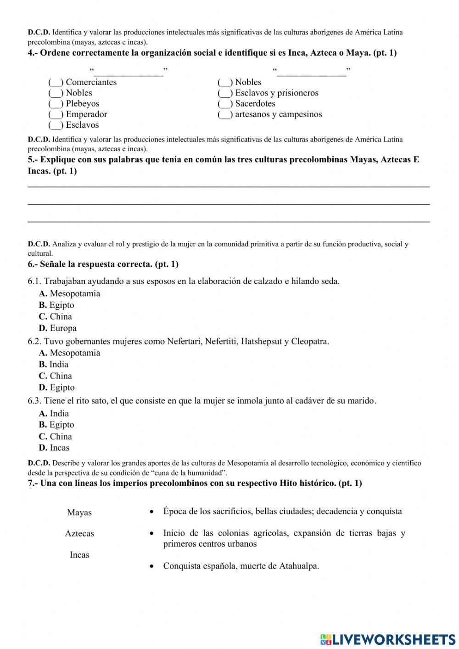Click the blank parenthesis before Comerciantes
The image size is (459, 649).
(x=56, y=83)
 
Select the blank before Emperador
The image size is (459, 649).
(x=56, y=115)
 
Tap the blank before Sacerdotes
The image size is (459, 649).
(x=225, y=104)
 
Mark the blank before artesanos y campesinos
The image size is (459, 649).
(x=225, y=115)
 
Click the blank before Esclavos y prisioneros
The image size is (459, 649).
(x=225, y=93)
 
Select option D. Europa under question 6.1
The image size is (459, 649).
(x=58, y=328)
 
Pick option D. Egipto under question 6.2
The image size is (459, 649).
(x=57, y=388)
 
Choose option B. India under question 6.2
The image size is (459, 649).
(x=54, y=364)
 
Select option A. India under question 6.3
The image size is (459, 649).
(x=54, y=413)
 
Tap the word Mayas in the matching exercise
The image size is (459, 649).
(x=79, y=513)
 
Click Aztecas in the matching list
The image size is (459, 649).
(x=79, y=534)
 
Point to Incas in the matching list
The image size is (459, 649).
(x=79, y=555)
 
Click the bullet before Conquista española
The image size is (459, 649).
(x=151, y=567)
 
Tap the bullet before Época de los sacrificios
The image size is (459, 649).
(x=151, y=512)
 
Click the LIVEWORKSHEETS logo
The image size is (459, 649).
(x=388, y=639)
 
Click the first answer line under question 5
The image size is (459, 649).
(x=229, y=186)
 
